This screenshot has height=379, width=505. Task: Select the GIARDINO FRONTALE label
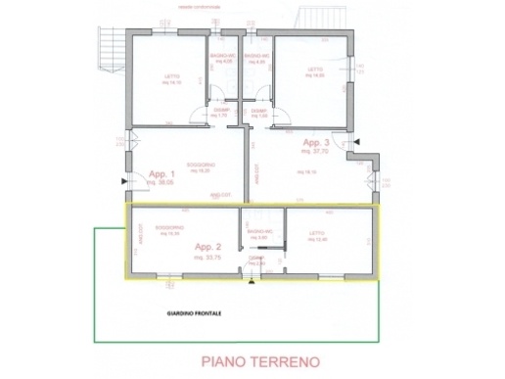(195, 314)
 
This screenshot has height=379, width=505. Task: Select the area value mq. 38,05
(159, 183)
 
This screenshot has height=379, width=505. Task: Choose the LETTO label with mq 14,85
(315, 71)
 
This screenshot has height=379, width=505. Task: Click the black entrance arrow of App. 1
(123, 181)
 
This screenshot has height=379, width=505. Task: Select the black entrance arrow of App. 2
(252, 285)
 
